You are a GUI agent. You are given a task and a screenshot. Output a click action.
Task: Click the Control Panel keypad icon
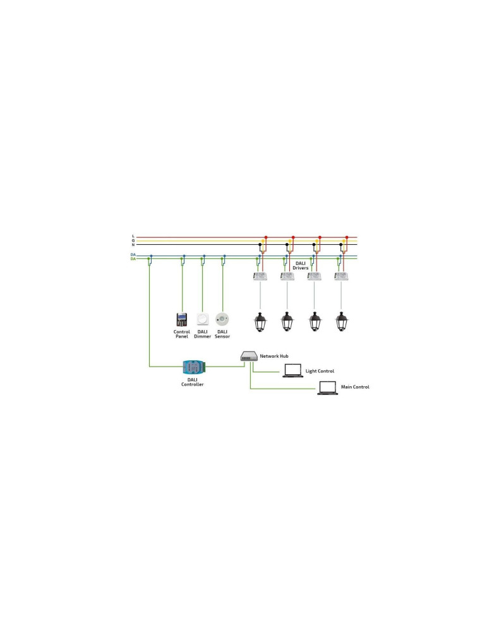pyautogui.click(x=182, y=319)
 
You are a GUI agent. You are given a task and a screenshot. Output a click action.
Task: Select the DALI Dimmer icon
pyautogui.click(x=203, y=319)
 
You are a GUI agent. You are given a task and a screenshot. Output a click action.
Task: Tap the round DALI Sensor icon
pyautogui.click(x=222, y=319)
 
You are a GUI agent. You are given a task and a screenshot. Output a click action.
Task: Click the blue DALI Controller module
pyautogui.click(x=193, y=367)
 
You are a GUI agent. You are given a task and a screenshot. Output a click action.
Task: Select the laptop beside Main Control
pyautogui.click(x=327, y=387)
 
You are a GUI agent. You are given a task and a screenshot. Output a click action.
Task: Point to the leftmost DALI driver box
pyautogui.click(x=260, y=276)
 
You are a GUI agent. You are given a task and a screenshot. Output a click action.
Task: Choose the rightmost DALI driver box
pyautogui.click(x=342, y=276)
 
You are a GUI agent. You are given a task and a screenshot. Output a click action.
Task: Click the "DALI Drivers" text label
pyautogui.click(x=301, y=266)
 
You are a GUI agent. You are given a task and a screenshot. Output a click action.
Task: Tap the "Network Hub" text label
pyautogui.click(x=274, y=356)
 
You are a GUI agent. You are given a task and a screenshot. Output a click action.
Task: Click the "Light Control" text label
pyautogui.click(x=320, y=371)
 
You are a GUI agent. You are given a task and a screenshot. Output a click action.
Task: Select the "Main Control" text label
pyautogui.click(x=355, y=387)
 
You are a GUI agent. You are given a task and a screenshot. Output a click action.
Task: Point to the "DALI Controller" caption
pyautogui.click(x=193, y=382)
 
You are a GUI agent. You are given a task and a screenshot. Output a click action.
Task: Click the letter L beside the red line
pyautogui.click(x=133, y=236)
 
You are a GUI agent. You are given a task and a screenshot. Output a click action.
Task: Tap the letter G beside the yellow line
pyautogui.click(x=133, y=240)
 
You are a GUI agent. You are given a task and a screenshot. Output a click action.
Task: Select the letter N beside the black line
pyautogui.click(x=133, y=245)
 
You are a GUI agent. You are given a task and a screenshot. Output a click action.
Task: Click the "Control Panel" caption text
pyautogui.click(x=182, y=334)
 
